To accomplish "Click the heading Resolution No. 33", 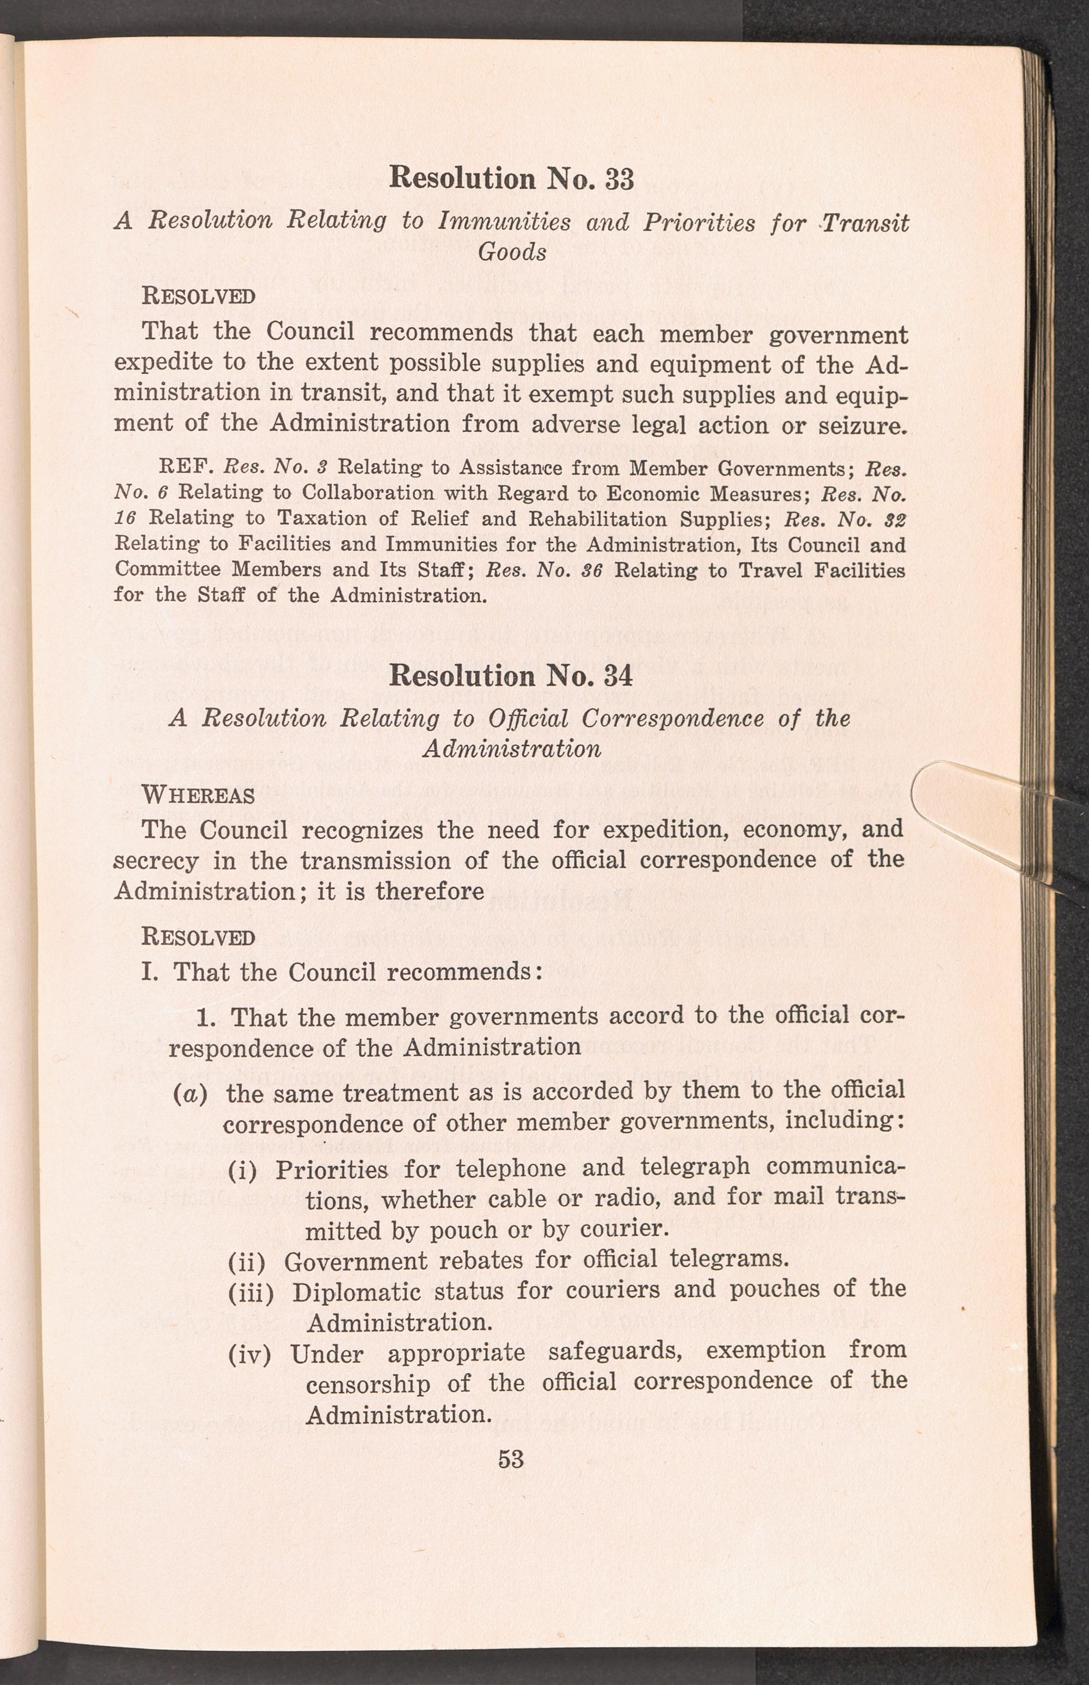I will click(511, 177).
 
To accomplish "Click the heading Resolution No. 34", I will click(511, 676).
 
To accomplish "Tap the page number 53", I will click(511, 1459).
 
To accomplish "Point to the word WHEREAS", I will click(198, 795).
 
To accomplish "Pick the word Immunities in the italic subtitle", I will click(504, 222).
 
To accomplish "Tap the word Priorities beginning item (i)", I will click(332, 1169).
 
